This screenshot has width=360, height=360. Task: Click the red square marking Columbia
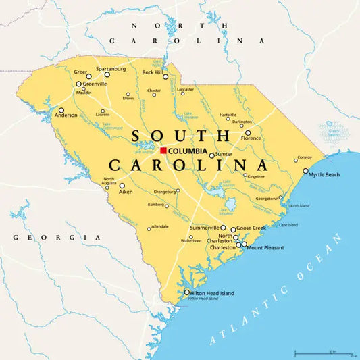point(163,150)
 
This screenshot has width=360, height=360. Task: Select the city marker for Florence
point(248,133)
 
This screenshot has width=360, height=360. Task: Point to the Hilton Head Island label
point(213,293)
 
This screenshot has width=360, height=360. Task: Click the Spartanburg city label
point(111,69)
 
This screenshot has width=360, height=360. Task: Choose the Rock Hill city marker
point(165,76)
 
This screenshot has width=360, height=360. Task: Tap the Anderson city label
point(66,115)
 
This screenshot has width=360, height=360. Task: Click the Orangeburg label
point(164,191)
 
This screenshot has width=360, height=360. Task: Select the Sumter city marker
point(211,155)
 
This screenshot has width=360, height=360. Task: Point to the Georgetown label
point(267,199)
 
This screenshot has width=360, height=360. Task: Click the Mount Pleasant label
point(265,248)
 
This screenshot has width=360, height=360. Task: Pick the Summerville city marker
point(223,228)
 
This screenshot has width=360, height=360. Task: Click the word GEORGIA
point(57,238)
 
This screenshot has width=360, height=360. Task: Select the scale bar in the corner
point(325,353)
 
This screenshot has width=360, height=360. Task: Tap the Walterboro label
point(191,240)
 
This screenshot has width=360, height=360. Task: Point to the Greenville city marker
point(79,85)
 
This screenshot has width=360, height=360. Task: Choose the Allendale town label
point(160,226)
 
